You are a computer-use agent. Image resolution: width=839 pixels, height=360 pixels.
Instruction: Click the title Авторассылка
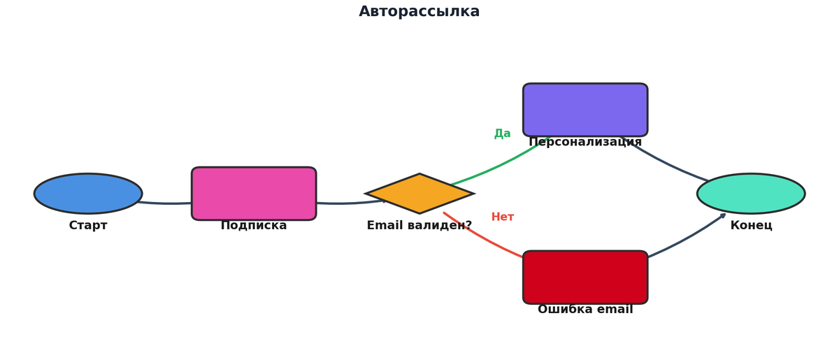point(419,12)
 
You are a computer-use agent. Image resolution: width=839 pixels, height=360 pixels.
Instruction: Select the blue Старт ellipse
point(88,194)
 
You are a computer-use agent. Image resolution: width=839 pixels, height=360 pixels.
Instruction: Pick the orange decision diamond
point(419,194)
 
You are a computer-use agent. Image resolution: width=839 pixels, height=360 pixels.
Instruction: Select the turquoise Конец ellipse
point(751,194)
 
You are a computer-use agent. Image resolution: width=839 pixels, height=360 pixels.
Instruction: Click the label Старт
point(88,226)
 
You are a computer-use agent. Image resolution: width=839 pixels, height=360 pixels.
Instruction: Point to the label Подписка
point(254,226)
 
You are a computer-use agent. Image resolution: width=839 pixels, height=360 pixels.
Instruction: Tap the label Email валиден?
point(419,226)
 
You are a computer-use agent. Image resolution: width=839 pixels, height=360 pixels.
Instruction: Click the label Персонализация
point(585,143)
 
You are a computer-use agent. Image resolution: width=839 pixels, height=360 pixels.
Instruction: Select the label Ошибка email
point(585,310)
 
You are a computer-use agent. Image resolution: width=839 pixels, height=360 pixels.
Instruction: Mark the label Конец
point(751,226)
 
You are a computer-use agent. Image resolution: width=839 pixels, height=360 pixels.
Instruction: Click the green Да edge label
point(502,134)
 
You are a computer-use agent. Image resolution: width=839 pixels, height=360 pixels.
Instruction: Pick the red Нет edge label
point(502,217)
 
